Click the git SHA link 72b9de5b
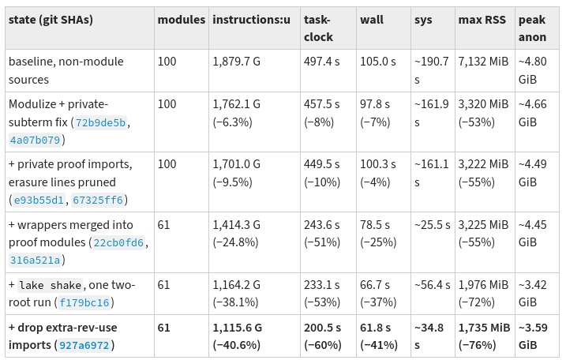(x=101, y=123)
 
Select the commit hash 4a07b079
(x=35, y=140)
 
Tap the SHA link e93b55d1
(x=39, y=200)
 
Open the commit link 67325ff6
(x=98, y=200)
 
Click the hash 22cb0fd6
(x=118, y=242)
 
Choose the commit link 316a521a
(x=35, y=260)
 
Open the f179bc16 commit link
(x=84, y=302)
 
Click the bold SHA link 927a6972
(x=84, y=345)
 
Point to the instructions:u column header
(x=251, y=20)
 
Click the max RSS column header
(x=482, y=20)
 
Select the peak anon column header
(x=532, y=28)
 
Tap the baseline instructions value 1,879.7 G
(x=237, y=62)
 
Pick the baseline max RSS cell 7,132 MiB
(x=483, y=62)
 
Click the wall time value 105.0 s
(x=378, y=62)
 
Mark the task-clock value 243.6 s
(x=321, y=225)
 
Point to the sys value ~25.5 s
(x=433, y=225)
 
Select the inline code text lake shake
(x=51, y=285)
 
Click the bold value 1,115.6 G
(x=237, y=328)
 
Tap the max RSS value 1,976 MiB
(x=483, y=285)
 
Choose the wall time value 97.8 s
(x=375, y=104)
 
